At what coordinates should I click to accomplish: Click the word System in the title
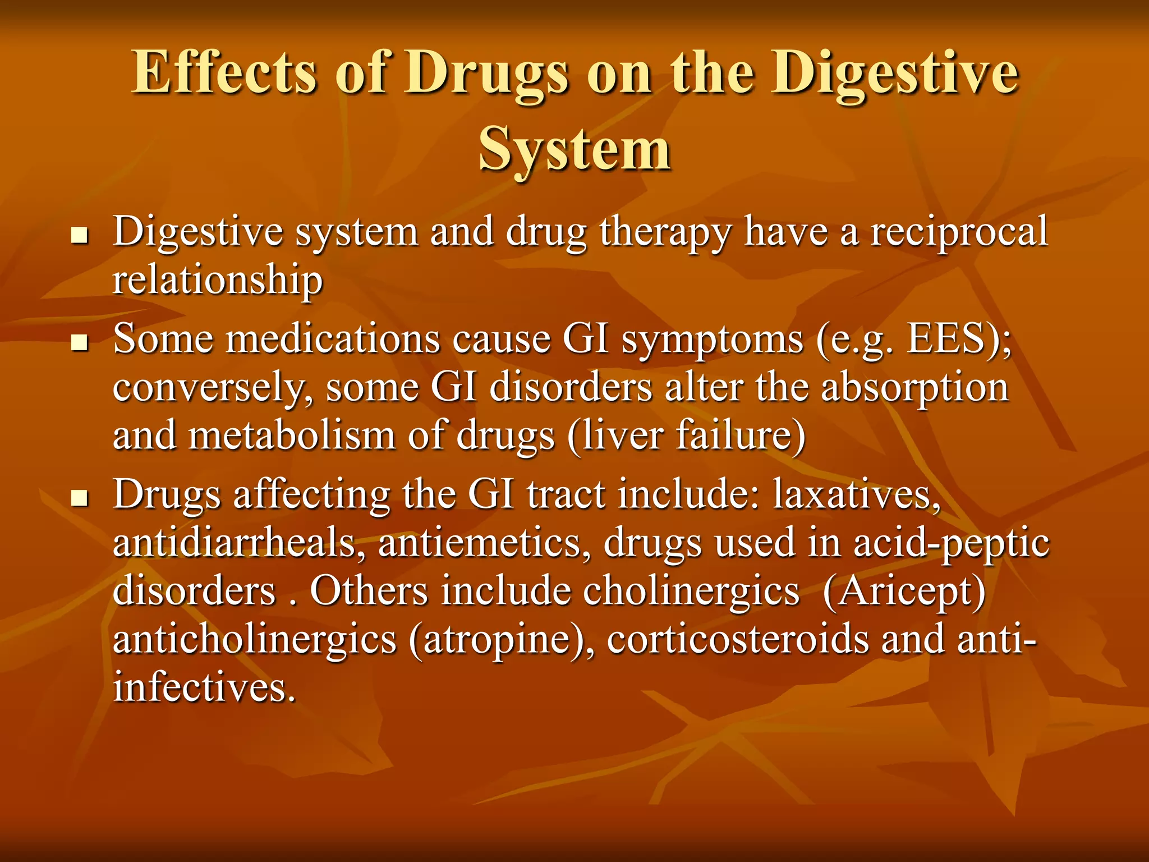pyautogui.click(x=574, y=149)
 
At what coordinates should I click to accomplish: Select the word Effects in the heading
pyautogui.click(x=224, y=73)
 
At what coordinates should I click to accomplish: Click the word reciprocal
pyautogui.click(x=958, y=232)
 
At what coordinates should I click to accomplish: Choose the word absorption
pyautogui.click(x=914, y=387)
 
